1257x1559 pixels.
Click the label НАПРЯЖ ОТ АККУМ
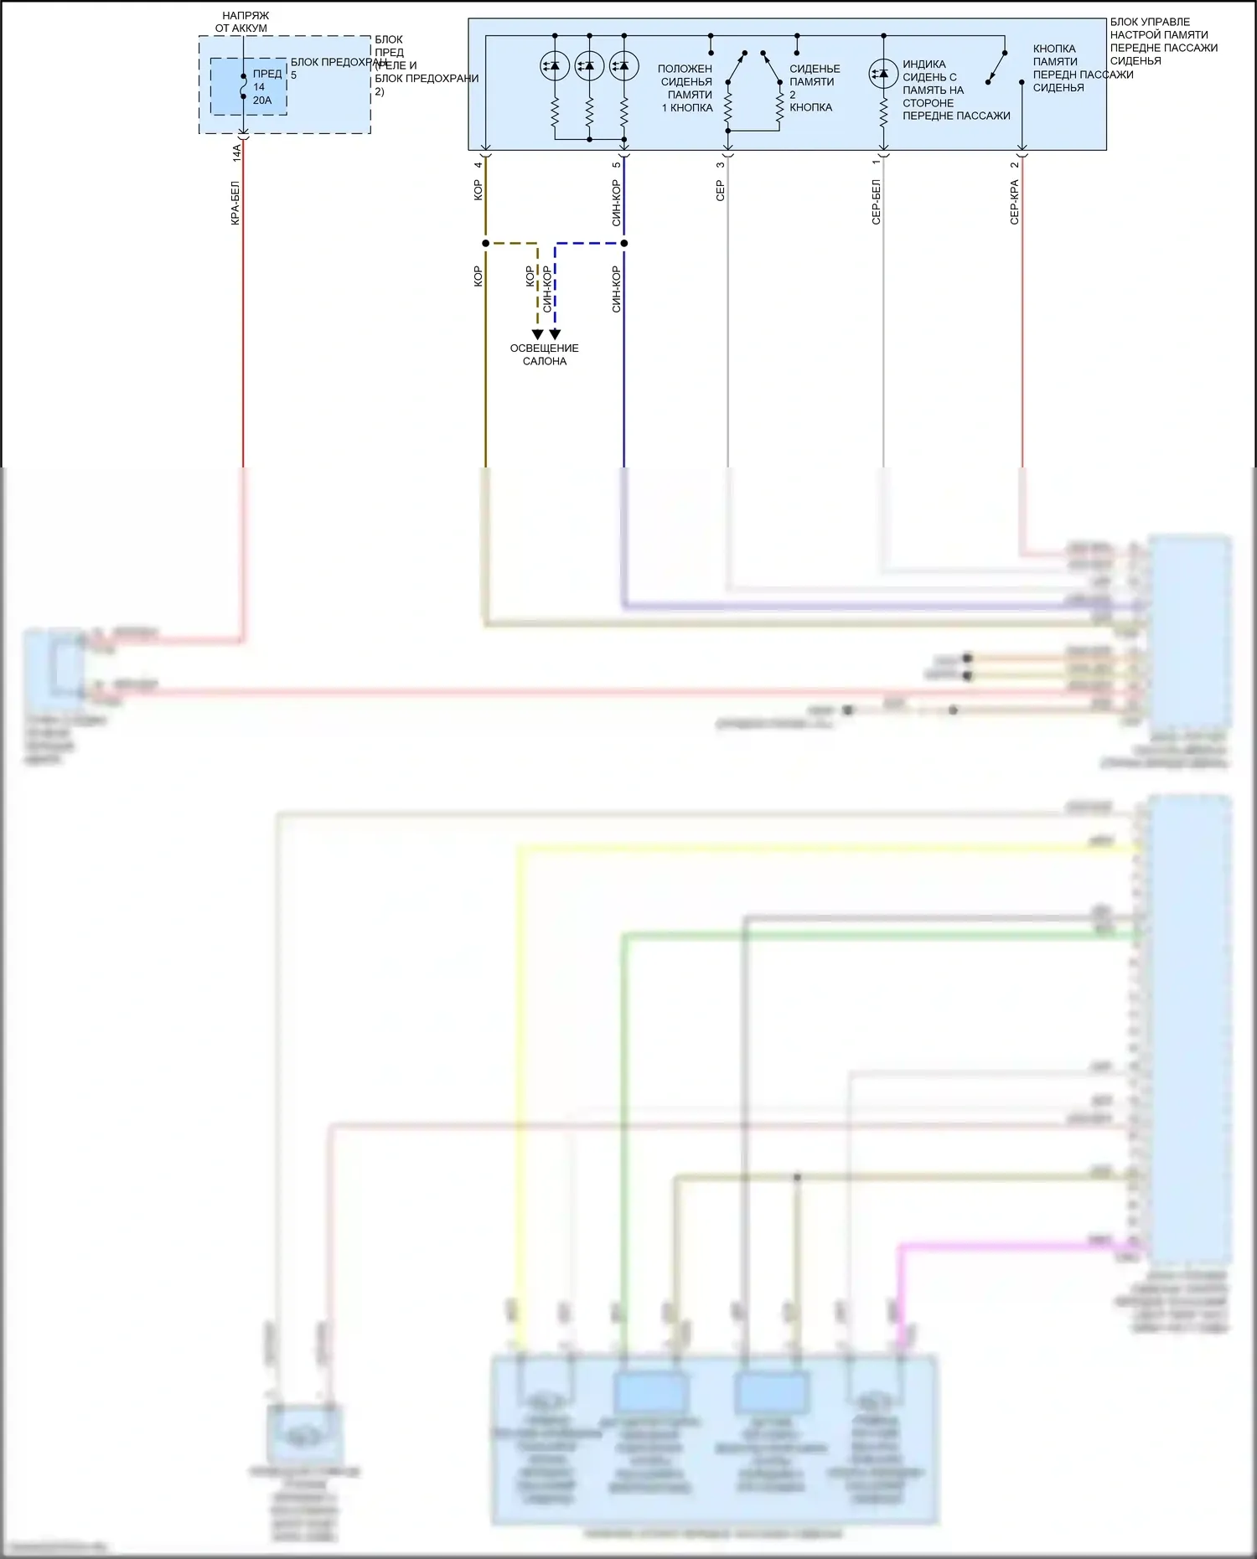(243, 22)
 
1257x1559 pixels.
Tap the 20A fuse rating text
(262, 101)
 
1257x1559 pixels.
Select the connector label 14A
(236, 152)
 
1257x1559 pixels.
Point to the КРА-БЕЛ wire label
(235, 203)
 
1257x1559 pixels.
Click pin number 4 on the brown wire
(478, 164)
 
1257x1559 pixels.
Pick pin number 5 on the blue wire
(616, 164)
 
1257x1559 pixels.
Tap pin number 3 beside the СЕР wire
(720, 164)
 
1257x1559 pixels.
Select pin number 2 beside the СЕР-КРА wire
(1014, 164)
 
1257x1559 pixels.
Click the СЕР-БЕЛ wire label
(876, 202)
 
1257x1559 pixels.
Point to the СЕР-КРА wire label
(1014, 202)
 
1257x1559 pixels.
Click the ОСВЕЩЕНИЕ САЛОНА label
(545, 354)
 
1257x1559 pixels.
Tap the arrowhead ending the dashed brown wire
(537, 334)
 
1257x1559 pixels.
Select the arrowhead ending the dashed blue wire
(555, 334)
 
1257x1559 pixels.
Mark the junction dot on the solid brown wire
(485, 243)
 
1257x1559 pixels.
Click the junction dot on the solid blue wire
(624, 243)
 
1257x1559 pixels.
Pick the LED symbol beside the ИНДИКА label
(883, 74)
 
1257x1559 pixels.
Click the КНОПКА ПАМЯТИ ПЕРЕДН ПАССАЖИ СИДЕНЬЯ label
(1082, 69)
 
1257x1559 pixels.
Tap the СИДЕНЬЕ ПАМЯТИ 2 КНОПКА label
(814, 88)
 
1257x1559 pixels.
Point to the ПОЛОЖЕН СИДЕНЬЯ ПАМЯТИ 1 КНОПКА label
(686, 88)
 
